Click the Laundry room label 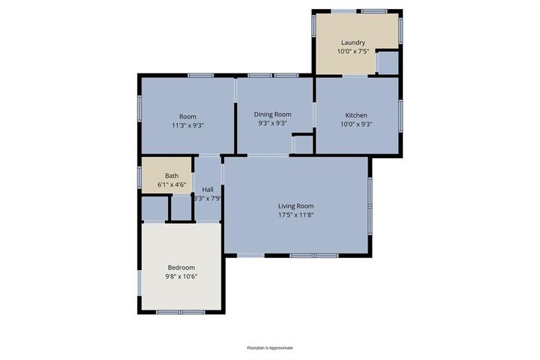coord(352,43)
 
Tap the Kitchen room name coord(355,115)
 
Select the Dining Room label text coord(272,114)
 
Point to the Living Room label coord(295,205)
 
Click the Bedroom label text coord(181,268)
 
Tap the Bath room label coord(172,175)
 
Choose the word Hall coord(208,190)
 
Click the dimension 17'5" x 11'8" coord(295,215)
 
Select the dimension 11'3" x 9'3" coord(187,125)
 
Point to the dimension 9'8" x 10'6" coord(181,277)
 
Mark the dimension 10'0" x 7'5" coord(352,52)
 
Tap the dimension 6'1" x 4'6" coord(172,184)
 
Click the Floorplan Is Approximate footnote coord(270,348)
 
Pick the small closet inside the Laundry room coord(387,62)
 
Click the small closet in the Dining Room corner coord(302,143)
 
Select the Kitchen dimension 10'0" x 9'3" coord(355,124)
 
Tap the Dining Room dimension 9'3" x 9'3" coord(272,124)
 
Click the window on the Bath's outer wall coord(139,176)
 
